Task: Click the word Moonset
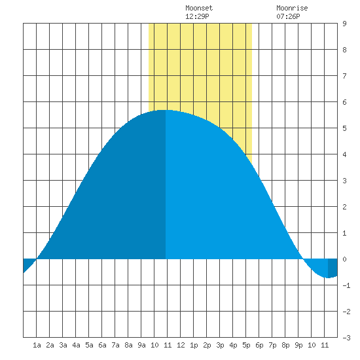click(x=199, y=8)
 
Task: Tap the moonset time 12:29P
click(x=197, y=16)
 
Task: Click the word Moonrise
click(x=292, y=8)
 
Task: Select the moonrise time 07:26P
click(x=288, y=16)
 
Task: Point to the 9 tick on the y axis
click(x=344, y=24)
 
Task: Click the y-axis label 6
click(x=344, y=102)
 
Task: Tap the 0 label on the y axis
click(x=344, y=259)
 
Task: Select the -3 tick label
click(x=346, y=338)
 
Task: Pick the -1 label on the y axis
click(x=346, y=285)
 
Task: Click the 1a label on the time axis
click(x=37, y=345)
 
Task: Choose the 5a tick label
click(x=89, y=345)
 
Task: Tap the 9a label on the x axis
click(x=141, y=345)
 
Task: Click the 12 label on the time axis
click(x=181, y=345)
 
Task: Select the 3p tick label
click(x=220, y=345)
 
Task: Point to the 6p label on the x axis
click(x=259, y=345)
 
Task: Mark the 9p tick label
click(x=298, y=345)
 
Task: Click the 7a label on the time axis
click(x=115, y=345)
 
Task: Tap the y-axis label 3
click(x=344, y=181)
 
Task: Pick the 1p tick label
click(x=194, y=345)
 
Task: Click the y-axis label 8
click(x=344, y=50)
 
